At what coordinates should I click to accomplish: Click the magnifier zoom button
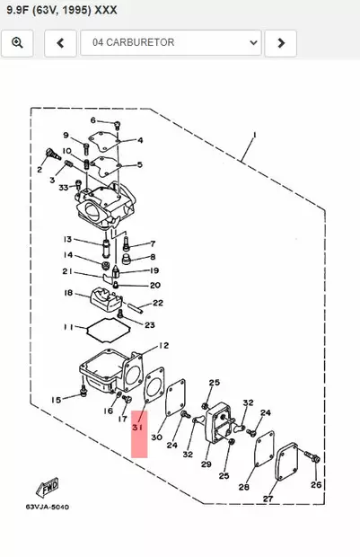[x=17, y=42]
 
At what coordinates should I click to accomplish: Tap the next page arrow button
[x=281, y=42]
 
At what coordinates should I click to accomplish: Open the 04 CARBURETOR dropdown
[x=171, y=42]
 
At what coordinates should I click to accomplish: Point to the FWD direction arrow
[x=48, y=488]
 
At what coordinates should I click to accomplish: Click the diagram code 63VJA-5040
[x=47, y=507]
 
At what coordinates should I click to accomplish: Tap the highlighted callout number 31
[x=138, y=429]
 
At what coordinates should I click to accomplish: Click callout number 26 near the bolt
[x=315, y=484]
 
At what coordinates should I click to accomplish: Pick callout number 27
[x=268, y=498]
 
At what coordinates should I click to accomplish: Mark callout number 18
[x=67, y=293]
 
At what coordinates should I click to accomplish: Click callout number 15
[x=56, y=399]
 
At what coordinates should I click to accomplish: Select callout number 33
[x=64, y=187]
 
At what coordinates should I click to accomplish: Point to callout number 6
[x=92, y=120]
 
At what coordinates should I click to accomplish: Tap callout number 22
[x=157, y=303]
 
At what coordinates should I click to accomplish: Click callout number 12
[x=162, y=345]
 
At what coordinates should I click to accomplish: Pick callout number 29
[x=206, y=464]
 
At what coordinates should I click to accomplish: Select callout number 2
[x=40, y=169]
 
